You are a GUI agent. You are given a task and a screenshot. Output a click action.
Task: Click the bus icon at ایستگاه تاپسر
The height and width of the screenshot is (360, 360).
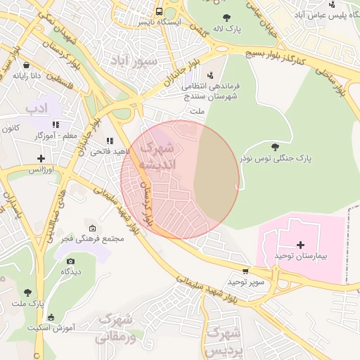click(x=160, y=11)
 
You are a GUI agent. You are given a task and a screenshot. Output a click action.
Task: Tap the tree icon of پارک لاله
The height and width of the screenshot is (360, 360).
click(x=226, y=18)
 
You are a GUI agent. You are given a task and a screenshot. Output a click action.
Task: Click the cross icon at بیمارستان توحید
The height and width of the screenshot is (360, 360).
click(x=301, y=245)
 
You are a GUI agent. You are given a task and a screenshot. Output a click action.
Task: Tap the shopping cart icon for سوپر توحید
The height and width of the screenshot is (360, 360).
click(x=245, y=271)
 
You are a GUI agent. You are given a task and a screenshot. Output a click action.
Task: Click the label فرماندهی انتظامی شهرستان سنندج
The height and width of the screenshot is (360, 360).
click(x=211, y=90)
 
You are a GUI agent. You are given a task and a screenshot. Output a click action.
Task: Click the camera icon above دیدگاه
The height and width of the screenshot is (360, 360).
click(x=70, y=261)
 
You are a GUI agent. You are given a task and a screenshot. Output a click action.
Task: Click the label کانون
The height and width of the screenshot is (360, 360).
click(x=9, y=129)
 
